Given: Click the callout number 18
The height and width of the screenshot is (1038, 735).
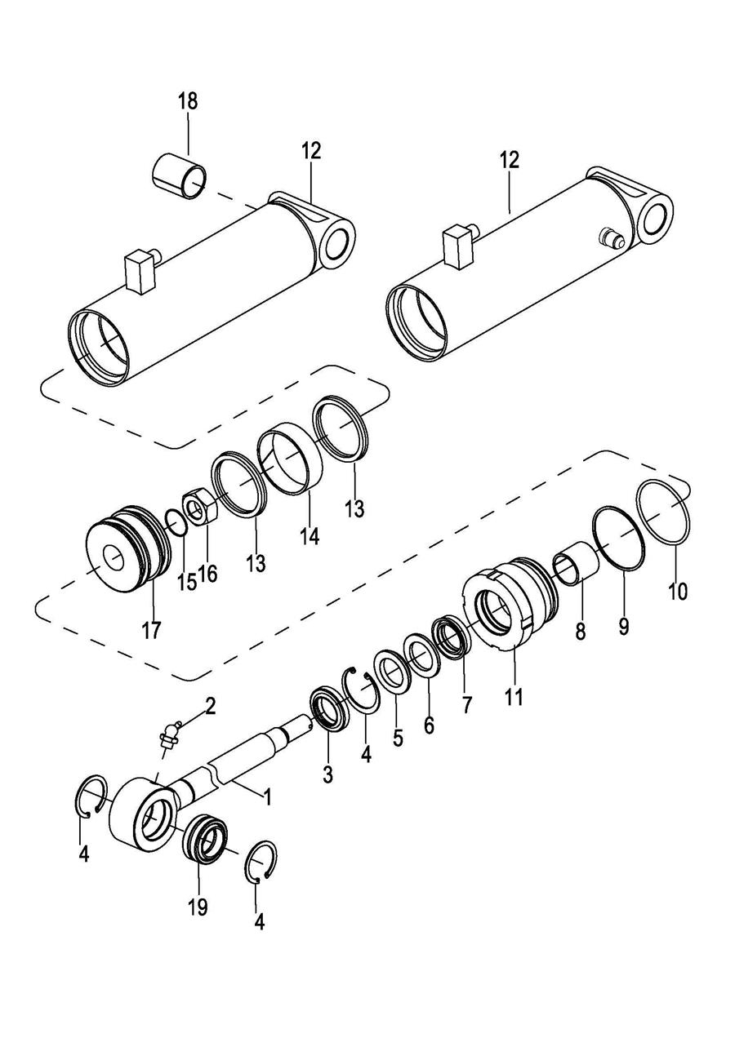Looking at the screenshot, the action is [x=189, y=101].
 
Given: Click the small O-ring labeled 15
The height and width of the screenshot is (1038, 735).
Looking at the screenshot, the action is [x=176, y=522].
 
